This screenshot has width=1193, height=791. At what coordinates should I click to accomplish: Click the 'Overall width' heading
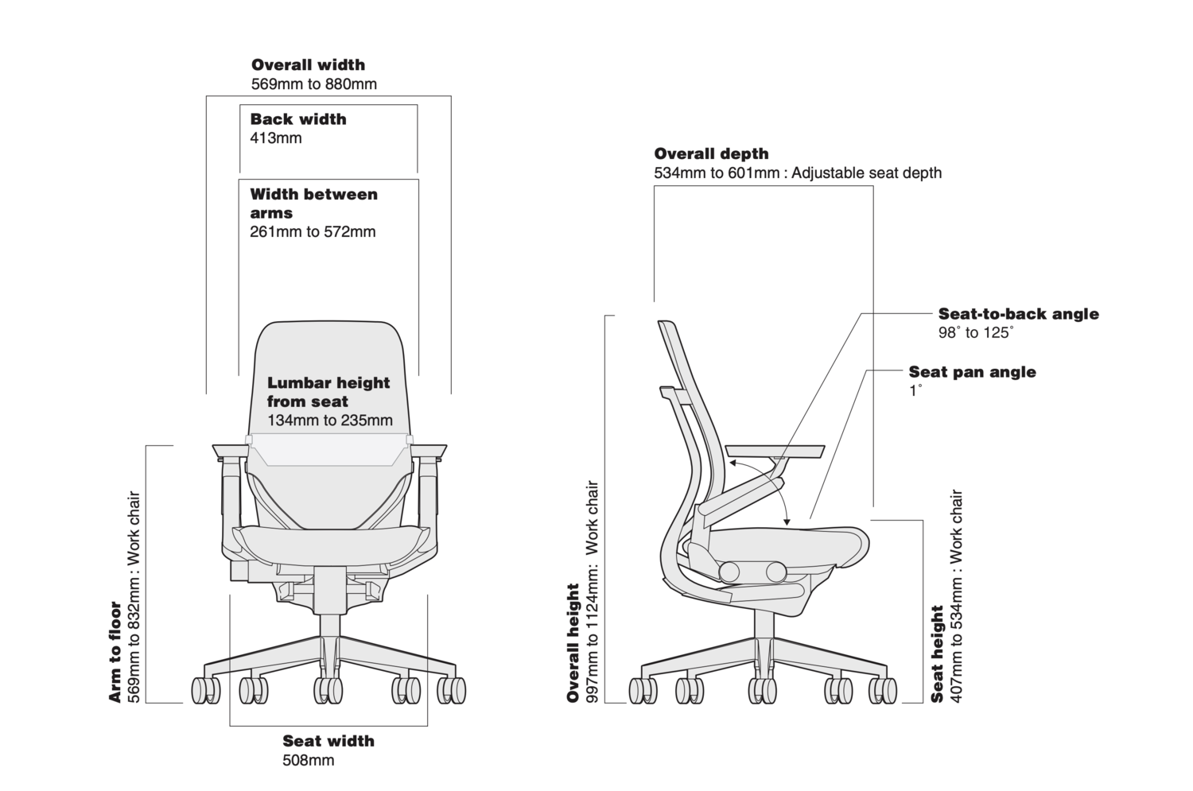[x=308, y=65]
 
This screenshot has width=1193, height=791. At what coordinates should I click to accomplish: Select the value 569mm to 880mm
[x=313, y=83]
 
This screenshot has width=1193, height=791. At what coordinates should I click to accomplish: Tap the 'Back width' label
[x=298, y=119]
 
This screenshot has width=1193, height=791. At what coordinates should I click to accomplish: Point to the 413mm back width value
[x=276, y=138]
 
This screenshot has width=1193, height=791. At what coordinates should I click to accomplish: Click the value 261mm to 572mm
[x=313, y=232]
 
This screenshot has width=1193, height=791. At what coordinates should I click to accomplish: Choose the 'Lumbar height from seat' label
[x=328, y=392]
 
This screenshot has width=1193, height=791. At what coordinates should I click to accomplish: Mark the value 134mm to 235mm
[x=330, y=420]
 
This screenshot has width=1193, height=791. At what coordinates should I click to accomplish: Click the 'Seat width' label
[x=328, y=741]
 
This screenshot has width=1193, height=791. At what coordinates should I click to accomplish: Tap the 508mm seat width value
[x=308, y=761]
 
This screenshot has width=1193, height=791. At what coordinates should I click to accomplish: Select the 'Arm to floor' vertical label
[x=115, y=652]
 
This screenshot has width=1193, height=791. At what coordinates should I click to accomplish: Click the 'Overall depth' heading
[x=711, y=153]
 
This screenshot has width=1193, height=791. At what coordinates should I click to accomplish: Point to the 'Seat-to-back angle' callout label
[x=1018, y=314]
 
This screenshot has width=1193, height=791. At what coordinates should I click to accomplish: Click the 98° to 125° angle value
[x=976, y=333]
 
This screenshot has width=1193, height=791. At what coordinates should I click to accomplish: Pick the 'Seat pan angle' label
[x=972, y=372]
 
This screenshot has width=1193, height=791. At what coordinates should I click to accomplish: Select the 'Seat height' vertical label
[x=938, y=653]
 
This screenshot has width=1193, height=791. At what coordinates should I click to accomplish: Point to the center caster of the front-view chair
[x=328, y=689]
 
